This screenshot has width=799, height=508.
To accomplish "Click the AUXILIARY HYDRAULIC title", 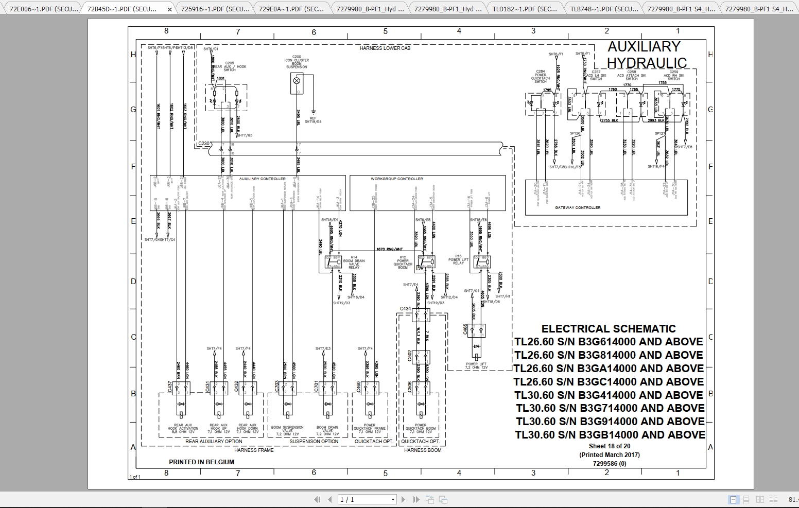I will [647, 55].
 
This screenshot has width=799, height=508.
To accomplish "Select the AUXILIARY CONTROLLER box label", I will [262, 179].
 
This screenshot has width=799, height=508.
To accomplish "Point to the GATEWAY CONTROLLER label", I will [577, 208].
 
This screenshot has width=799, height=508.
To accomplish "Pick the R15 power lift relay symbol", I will [482, 262].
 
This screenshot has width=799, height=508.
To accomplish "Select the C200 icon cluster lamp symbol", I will [297, 81].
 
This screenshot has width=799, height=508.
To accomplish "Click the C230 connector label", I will [204, 144].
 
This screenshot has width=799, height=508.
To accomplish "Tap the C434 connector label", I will [405, 309].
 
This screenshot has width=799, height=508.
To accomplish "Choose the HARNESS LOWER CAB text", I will [385, 48].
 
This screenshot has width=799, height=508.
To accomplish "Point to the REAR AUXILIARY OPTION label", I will [214, 442].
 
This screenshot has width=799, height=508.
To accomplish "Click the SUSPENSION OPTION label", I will [314, 442].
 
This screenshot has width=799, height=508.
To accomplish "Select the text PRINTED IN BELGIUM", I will [201, 462].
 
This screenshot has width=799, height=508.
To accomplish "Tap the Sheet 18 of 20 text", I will [609, 446].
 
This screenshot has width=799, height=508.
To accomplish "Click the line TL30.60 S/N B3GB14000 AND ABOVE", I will [610, 435].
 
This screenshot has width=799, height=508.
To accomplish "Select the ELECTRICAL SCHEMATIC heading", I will [608, 329].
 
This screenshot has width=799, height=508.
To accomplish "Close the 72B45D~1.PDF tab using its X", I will [170, 9].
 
